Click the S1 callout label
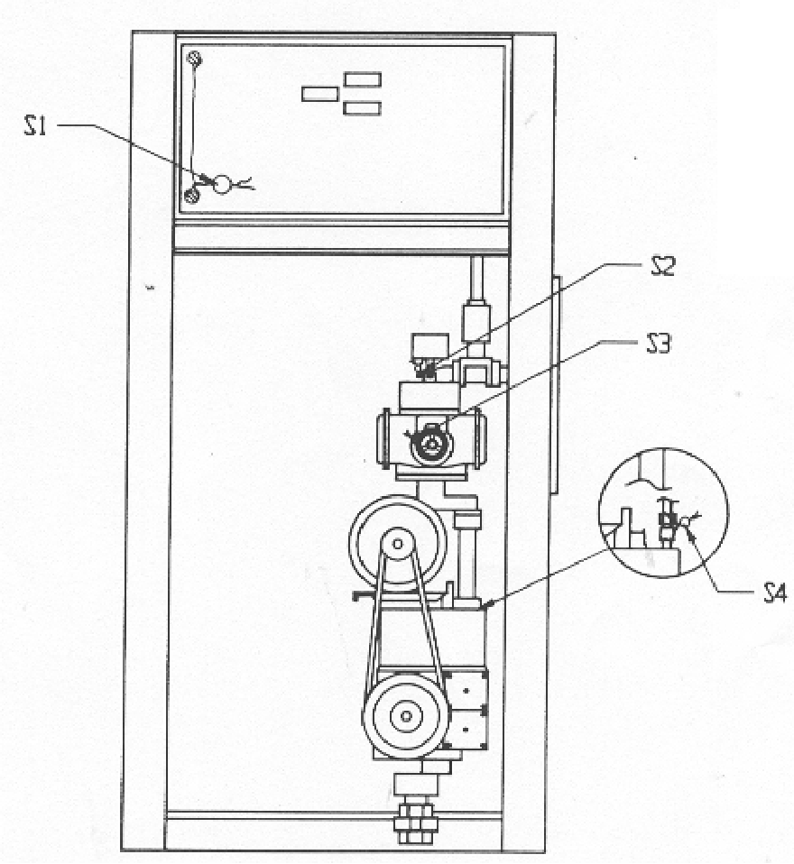click(x=34, y=127)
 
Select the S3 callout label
click(x=659, y=345)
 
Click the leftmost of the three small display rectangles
click(x=319, y=94)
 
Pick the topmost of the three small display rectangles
click(x=363, y=79)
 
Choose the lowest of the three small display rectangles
click(x=362, y=108)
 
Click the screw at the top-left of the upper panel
click(x=195, y=58)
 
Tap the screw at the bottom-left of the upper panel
click(x=191, y=195)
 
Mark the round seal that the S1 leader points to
click(x=222, y=184)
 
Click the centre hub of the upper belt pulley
click(x=397, y=545)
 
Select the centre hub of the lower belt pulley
click(x=406, y=716)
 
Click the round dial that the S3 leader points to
click(x=431, y=444)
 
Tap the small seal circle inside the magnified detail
click(x=685, y=521)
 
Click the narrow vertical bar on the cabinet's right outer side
click(x=556, y=386)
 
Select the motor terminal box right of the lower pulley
click(x=466, y=710)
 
